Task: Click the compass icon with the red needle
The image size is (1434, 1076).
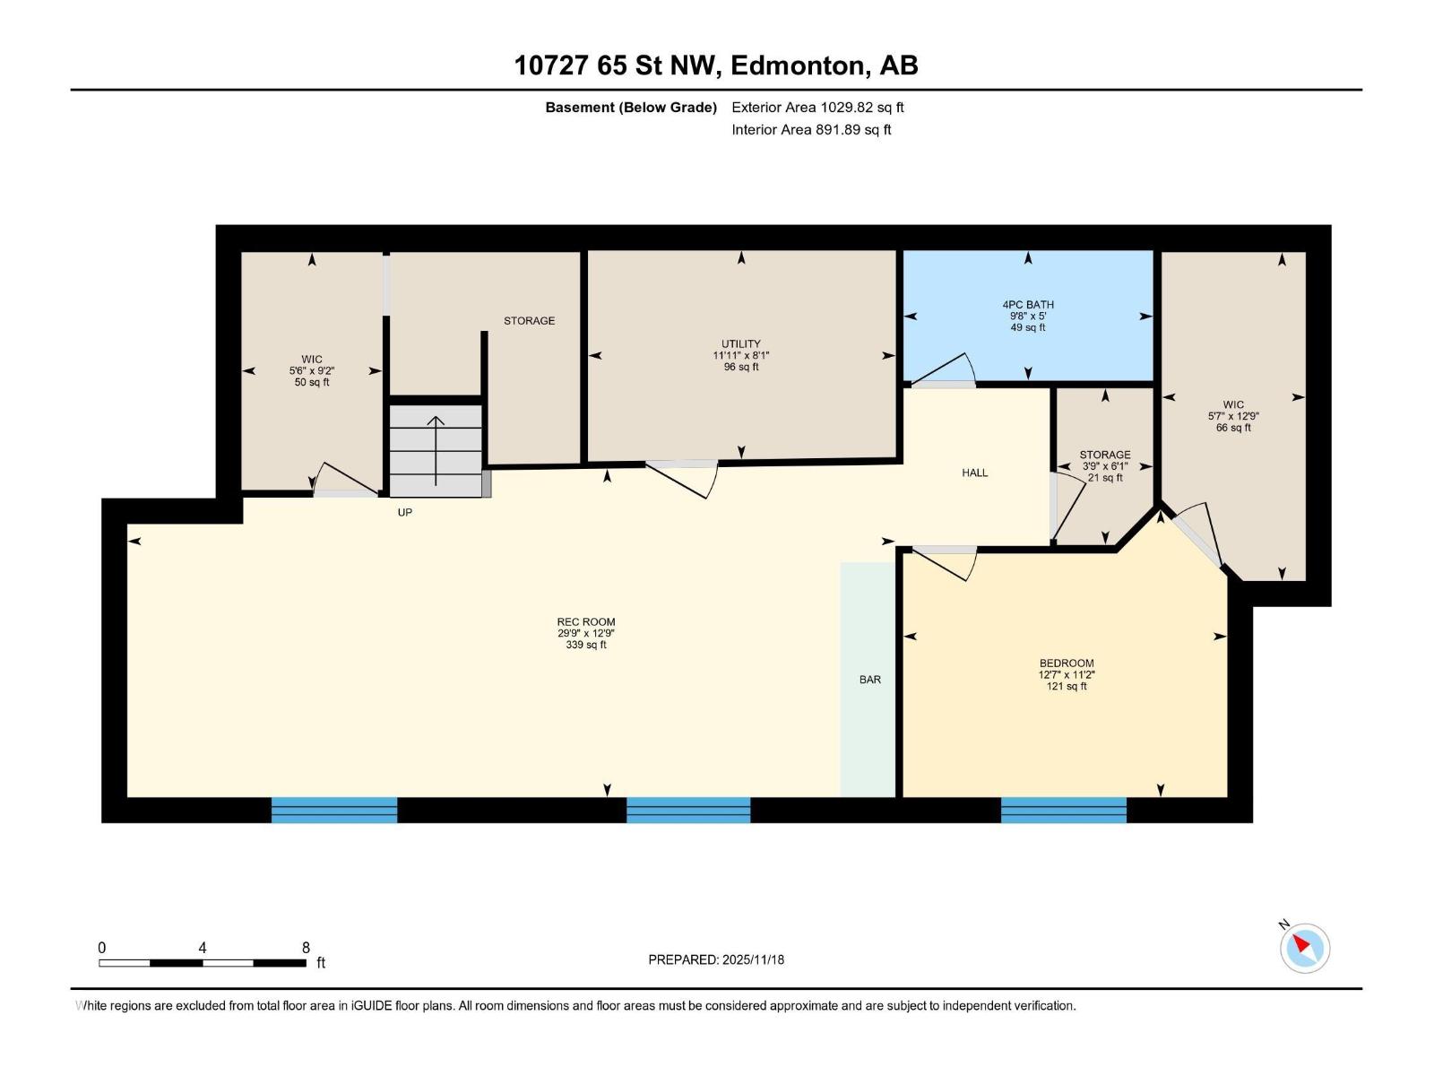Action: point(1304,948)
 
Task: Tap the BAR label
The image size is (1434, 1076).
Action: point(869,680)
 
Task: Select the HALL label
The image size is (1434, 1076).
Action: point(975,473)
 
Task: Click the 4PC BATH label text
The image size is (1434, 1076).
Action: point(1028,305)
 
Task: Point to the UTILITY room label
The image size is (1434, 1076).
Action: point(741,343)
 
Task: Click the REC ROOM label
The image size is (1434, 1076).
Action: point(585,622)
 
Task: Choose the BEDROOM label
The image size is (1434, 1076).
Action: point(1067,664)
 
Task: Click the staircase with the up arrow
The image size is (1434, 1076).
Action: point(436,451)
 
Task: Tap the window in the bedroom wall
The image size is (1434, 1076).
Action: point(1064,810)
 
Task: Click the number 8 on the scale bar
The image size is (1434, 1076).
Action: point(306,947)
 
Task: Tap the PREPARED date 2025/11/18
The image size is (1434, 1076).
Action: point(753,959)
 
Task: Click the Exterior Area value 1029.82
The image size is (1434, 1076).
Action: point(848,107)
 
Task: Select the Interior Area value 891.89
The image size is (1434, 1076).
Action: point(840,129)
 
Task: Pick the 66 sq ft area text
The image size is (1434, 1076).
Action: point(1233,428)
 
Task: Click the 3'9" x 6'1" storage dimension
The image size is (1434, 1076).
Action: point(1105,466)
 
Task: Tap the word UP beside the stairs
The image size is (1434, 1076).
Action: point(405,512)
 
